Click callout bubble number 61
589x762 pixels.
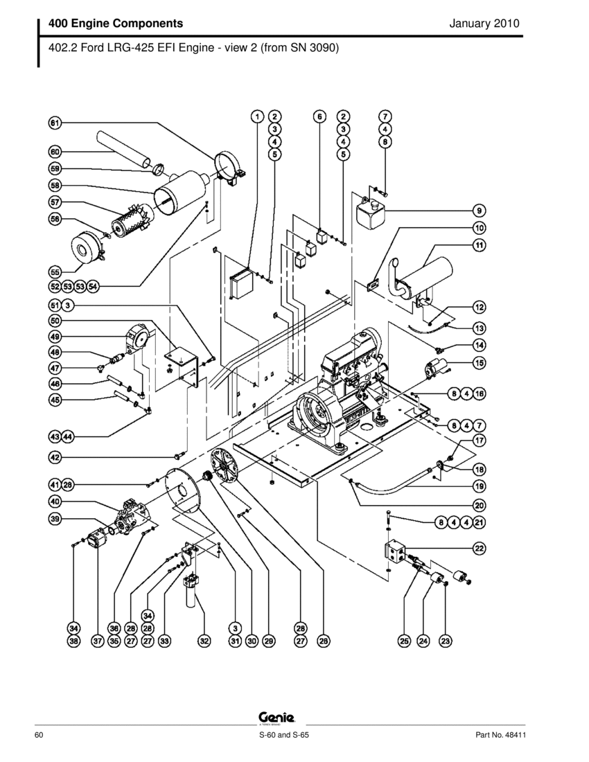(55, 123)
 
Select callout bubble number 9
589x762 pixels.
(479, 210)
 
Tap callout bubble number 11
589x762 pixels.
(479, 245)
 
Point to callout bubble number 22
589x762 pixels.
(479, 548)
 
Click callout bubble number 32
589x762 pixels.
(204, 641)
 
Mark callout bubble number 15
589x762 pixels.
(479, 362)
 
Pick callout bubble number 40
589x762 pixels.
(55, 502)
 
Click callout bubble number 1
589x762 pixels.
(256, 116)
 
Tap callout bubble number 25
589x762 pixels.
(405, 641)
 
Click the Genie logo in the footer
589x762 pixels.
(277, 718)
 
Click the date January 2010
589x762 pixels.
(484, 24)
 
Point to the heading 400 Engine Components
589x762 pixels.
(116, 24)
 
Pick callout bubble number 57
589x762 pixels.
(55, 202)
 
